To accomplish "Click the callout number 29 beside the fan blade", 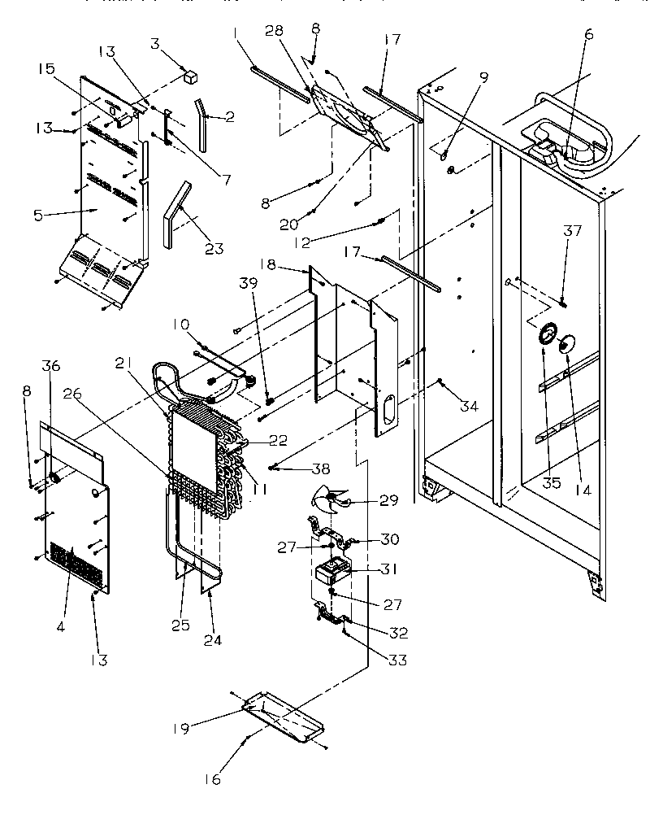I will coord(389,500).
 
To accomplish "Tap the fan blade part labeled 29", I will coord(335,501).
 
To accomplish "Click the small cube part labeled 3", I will coord(191,77).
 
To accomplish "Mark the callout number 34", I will coord(469,406).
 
